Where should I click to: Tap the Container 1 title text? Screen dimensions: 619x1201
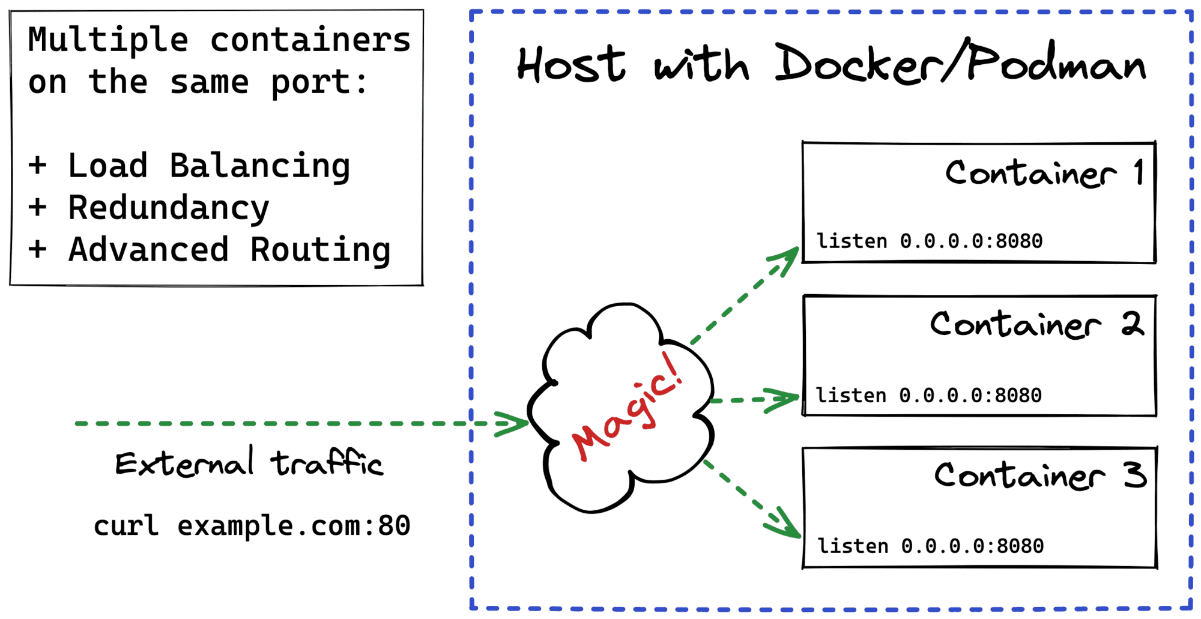(1044, 174)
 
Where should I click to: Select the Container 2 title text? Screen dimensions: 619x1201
(1036, 325)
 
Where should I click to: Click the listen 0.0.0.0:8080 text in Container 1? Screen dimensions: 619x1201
(929, 241)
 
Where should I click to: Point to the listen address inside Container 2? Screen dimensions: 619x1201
(928, 396)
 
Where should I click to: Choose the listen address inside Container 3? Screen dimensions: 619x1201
(930, 546)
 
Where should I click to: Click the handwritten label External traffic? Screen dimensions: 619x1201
(249, 463)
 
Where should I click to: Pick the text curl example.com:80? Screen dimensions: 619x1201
(252, 526)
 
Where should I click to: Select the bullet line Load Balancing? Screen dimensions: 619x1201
(208, 166)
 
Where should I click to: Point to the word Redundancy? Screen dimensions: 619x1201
(169, 208)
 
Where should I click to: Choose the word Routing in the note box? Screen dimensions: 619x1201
(320, 250)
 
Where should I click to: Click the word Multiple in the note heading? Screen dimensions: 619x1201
(108, 40)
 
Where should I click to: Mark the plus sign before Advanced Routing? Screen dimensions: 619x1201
(37, 249)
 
